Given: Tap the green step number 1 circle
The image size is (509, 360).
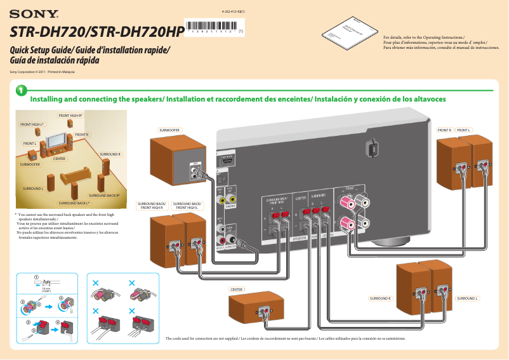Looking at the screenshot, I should [x=21, y=93].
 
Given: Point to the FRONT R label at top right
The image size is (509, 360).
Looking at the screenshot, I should [x=444, y=130].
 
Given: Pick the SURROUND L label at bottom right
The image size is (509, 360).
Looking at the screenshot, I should [x=467, y=298].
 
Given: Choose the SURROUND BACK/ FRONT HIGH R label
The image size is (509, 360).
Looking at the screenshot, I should [x=151, y=206].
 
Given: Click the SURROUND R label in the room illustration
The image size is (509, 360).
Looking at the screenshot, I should [x=110, y=154].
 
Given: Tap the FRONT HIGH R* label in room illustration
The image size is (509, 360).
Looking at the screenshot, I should [x=70, y=116].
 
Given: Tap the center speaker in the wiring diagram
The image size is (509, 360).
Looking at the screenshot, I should [x=263, y=308].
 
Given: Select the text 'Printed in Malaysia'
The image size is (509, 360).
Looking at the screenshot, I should [x=62, y=72].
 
